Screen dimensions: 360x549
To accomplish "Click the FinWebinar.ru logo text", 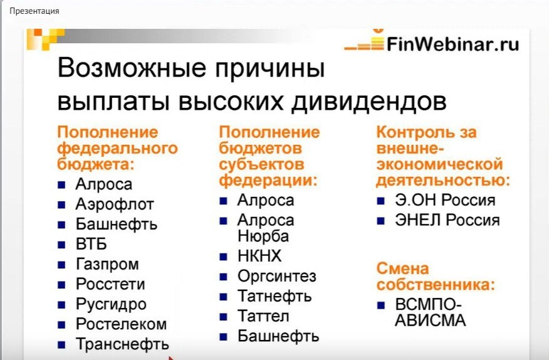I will click(452, 45).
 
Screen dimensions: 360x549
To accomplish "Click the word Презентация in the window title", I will click(34, 11).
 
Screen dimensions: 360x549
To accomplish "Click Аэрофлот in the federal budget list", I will click(114, 204).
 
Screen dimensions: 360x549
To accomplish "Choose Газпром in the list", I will click(107, 264).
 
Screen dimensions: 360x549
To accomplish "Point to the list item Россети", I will click(110, 284).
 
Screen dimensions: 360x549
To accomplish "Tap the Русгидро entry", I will click(111, 304).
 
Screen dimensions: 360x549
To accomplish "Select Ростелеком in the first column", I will click(121, 324).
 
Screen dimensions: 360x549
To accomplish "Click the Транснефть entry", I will click(122, 344).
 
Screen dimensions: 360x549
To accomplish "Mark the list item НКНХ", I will click(259, 256).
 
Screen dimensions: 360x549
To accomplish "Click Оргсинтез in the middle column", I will click(276, 276).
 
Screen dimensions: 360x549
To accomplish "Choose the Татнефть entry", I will click(274, 296).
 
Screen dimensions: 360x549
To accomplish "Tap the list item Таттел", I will click(263, 316).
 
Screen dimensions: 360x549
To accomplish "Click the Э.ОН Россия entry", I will click(445, 200).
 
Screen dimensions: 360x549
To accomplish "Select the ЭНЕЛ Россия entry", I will click(447, 220).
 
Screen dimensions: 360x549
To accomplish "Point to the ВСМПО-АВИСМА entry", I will click(431, 312).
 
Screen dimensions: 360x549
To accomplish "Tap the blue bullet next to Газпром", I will click(61, 265).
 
